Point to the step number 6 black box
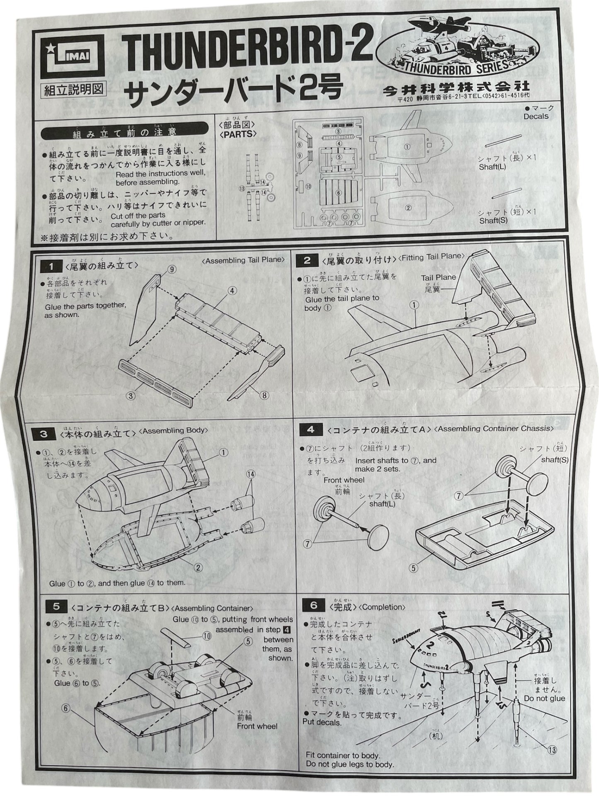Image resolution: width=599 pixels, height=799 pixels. pos(313,606)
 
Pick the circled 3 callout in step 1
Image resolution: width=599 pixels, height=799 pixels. pos(131,396)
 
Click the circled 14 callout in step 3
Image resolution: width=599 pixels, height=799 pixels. pos(250,474)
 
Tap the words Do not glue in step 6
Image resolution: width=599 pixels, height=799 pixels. pos(544,698)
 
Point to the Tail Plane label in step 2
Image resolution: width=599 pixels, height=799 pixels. pos(439,277)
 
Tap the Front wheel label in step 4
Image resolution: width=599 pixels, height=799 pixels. pos(344,480)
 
